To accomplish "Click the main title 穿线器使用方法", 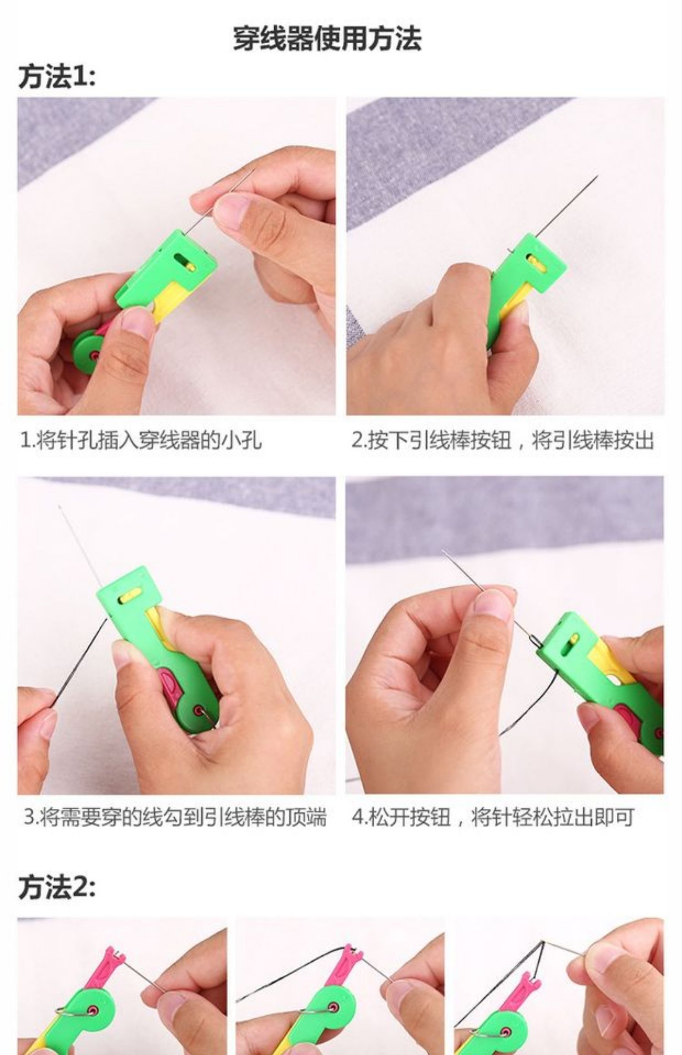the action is [327, 39].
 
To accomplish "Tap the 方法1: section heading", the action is [57, 76].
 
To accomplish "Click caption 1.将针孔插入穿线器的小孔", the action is [141, 440].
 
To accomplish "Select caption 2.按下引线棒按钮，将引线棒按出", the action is [503, 440].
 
